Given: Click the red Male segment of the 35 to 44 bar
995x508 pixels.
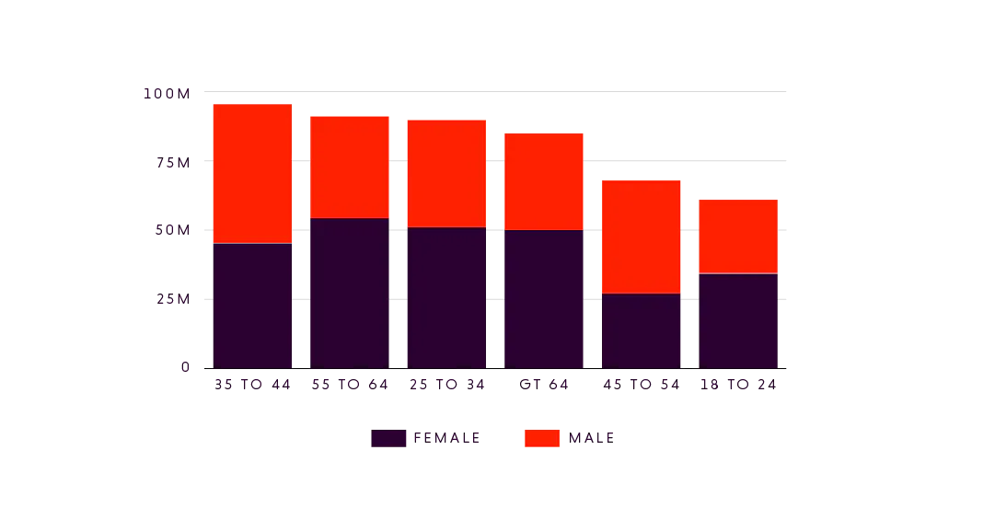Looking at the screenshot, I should [x=252, y=173].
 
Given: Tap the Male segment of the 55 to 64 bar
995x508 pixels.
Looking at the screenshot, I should [x=349, y=167].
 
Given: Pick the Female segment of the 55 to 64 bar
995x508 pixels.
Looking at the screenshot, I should [x=349, y=293].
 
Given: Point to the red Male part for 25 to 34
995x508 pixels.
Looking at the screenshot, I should [x=445, y=173].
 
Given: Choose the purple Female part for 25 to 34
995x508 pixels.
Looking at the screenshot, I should [x=445, y=297].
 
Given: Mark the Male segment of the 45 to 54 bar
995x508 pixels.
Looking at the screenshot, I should [x=641, y=237].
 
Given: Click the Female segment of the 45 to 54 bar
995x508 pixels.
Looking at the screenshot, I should [x=641, y=330].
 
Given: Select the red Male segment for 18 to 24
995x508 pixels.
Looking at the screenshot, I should [x=736, y=236].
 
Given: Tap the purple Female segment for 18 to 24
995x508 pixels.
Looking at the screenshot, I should [x=736, y=320].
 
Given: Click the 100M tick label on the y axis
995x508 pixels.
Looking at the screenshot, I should [x=166, y=94].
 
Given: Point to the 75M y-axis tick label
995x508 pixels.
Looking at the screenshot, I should [x=171, y=162].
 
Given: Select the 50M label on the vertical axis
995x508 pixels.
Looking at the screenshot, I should [x=171, y=230].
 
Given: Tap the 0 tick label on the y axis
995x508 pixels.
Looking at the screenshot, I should [x=184, y=367].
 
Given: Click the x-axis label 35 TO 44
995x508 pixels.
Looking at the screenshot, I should [x=252, y=383].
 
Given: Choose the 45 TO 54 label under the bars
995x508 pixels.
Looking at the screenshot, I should [x=641, y=383].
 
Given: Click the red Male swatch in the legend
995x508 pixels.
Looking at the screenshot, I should [x=540, y=438].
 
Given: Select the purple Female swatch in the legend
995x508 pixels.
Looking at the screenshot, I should [x=388, y=438].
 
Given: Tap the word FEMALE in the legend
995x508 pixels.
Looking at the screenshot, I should [x=444, y=438].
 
